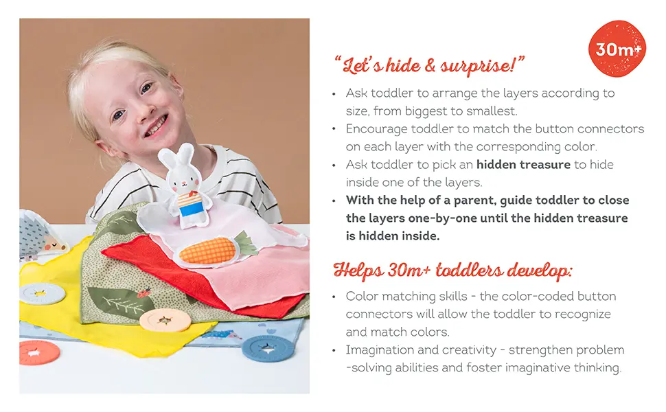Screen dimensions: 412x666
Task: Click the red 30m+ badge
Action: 618,49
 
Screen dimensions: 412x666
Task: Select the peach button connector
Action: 165,319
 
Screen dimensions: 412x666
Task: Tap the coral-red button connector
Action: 39,352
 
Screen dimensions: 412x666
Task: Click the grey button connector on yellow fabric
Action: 42,294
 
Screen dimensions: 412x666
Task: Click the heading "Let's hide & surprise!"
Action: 429,66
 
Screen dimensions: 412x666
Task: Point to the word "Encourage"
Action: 380,129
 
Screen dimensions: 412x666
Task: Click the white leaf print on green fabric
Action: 116,302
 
